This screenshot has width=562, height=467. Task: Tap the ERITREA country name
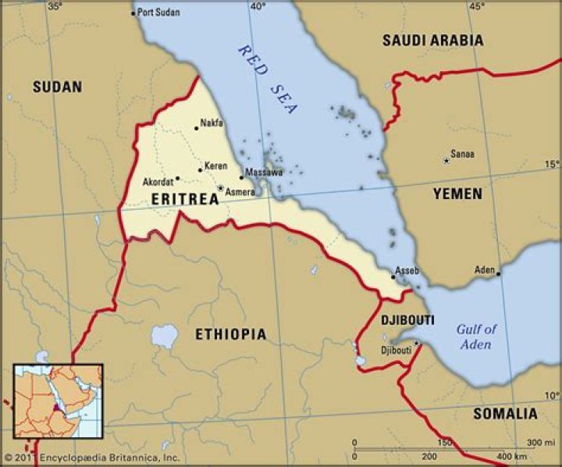pyautogui.click(x=184, y=199)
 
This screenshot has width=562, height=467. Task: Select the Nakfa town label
pyautogui.click(x=212, y=123)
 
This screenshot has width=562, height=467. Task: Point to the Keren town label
pyautogui.click(x=215, y=166)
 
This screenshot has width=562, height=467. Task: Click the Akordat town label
pyautogui.click(x=158, y=182)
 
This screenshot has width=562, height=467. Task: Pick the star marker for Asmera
pyautogui.click(x=221, y=188)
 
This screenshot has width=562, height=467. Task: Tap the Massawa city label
pyautogui.click(x=264, y=171)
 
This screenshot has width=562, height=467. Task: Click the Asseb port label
pyautogui.click(x=407, y=271)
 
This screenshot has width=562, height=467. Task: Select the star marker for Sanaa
pyautogui.click(x=446, y=161)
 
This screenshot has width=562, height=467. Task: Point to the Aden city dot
pyautogui.click(x=498, y=274)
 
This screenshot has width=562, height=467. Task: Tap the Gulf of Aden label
pyautogui.click(x=475, y=337)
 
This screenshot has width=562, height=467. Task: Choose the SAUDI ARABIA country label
pyautogui.click(x=432, y=40)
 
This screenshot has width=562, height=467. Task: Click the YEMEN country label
pyautogui.click(x=457, y=194)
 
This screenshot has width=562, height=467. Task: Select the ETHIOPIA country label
pyautogui.click(x=230, y=334)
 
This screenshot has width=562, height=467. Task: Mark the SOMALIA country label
pyautogui.click(x=505, y=414)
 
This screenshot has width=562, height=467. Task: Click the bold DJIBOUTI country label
pyautogui.click(x=407, y=320)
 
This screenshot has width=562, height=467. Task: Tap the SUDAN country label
pyautogui.click(x=57, y=87)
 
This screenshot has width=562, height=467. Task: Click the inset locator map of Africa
pyautogui.click(x=59, y=401)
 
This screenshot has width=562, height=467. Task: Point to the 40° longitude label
pyautogui.click(x=258, y=6)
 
